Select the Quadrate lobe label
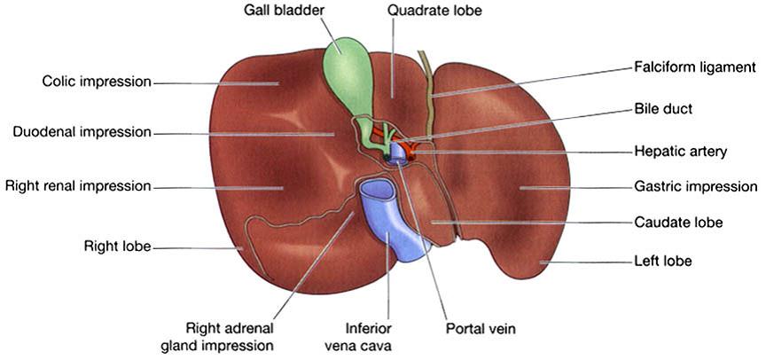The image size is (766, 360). click(437, 12)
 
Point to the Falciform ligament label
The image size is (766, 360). click(694, 67)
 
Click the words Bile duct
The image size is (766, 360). click(663, 109)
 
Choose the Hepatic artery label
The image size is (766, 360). click(681, 152)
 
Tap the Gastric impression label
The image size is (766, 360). click(696, 187)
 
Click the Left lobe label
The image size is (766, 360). click(663, 262)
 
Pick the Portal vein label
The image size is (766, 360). click(480, 329)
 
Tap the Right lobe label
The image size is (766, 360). click(117, 246)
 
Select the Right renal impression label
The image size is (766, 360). click(78, 186)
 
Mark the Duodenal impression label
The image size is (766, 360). click(82, 133)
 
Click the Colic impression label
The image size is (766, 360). click(97, 82)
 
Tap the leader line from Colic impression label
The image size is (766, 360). click(213, 83)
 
